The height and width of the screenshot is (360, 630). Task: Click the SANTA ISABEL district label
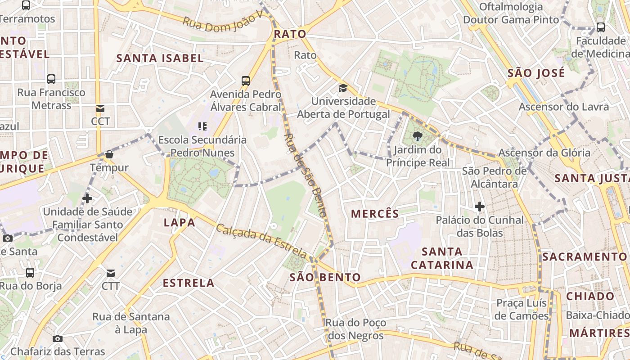click(160, 58)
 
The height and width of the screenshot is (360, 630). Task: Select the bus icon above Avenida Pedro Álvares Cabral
click(245, 81)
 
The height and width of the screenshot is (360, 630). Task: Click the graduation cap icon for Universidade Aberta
click(343, 88)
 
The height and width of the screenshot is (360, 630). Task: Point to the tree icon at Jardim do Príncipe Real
click(418, 136)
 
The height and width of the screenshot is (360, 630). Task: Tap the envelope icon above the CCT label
click(100, 108)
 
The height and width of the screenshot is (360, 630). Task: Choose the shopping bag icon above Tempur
click(109, 155)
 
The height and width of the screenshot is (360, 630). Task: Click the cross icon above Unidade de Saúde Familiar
click(87, 198)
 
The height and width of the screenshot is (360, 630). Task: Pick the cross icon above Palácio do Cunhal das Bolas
click(480, 207)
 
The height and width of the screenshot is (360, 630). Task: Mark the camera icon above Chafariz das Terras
click(58, 338)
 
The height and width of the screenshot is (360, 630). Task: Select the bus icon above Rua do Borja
click(30, 272)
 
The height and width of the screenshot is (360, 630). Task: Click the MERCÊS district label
click(375, 214)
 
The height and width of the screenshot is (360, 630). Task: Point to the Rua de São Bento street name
click(306, 175)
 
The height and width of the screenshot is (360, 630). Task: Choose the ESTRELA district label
click(189, 283)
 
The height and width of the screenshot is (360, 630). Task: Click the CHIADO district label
click(590, 296)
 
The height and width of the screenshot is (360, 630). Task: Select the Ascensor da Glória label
click(544, 153)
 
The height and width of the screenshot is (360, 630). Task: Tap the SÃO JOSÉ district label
click(536, 73)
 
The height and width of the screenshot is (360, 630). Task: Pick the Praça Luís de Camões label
click(522, 309)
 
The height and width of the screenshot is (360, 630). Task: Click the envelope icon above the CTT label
click(111, 273)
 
